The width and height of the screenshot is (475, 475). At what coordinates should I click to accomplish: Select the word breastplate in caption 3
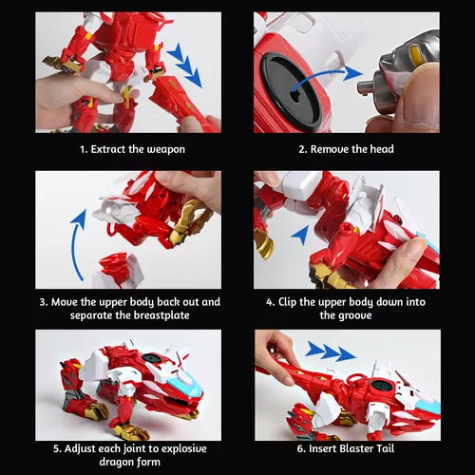(x=161, y=315)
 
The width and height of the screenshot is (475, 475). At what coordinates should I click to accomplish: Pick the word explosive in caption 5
(x=180, y=448)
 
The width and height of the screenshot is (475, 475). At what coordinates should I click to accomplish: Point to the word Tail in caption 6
(x=386, y=448)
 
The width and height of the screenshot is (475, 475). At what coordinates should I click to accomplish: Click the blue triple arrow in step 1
(x=184, y=65)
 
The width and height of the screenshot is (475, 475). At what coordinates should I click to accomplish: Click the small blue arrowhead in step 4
(x=301, y=235)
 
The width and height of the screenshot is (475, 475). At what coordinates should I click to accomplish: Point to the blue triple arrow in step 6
(x=331, y=351)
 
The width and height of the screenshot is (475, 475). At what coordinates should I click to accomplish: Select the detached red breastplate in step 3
(x=117, y=268)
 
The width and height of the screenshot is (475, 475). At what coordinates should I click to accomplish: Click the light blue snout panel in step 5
(x=184, y=384)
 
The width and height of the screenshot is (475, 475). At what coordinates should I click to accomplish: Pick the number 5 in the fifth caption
(x=56, y=448)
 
